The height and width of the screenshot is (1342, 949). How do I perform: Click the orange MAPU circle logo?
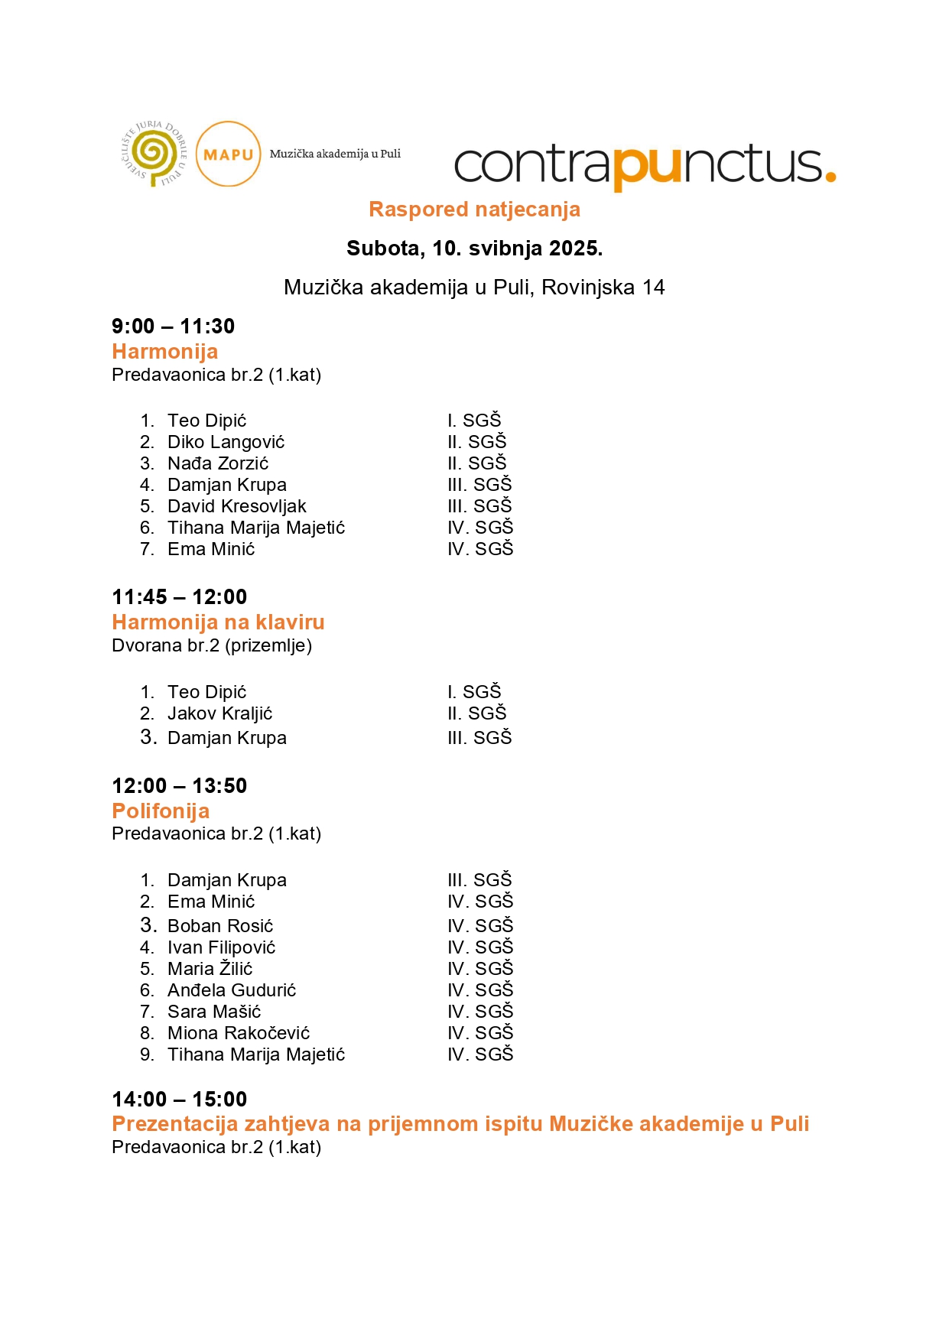[x=228, y=154]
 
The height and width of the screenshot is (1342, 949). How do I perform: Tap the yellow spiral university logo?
[x=154, y=154]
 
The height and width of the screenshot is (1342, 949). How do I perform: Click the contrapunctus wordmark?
[x=645, y=164]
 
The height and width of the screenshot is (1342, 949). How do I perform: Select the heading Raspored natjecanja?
[x=474, y=210]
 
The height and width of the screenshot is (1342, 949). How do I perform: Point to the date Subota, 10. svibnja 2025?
[x=474, y=249]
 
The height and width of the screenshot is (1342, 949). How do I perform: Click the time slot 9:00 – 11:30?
[x=173, y=327]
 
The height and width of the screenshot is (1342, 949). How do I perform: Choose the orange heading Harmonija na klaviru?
[x=218, y=622]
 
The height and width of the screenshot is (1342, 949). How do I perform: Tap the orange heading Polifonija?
[x=161, y=811]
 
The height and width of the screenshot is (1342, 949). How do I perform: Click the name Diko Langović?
[x=226, y=442]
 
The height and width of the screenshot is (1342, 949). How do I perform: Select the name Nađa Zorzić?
[x=218, y=463]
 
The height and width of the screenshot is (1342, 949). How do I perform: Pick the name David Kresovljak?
[x=236, y=506]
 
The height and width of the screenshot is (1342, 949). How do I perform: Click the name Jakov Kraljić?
[x=219, y=713]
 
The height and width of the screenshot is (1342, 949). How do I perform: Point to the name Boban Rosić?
[x=220, y=926]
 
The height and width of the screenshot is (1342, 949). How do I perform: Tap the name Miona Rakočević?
[x=239, y=1033]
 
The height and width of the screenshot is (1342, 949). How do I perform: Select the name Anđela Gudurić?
[x=232, y=990]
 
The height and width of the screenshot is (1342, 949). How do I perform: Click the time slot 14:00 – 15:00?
[x=179, y=1100]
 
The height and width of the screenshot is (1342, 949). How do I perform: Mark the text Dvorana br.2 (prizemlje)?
[x=212, y=645]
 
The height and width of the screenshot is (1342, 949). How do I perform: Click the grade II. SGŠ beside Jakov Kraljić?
[x=477, y=713]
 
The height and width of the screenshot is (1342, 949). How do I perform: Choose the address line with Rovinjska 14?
[x=474, y=288]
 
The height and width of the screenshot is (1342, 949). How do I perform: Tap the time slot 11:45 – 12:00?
[x=179, y=597]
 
